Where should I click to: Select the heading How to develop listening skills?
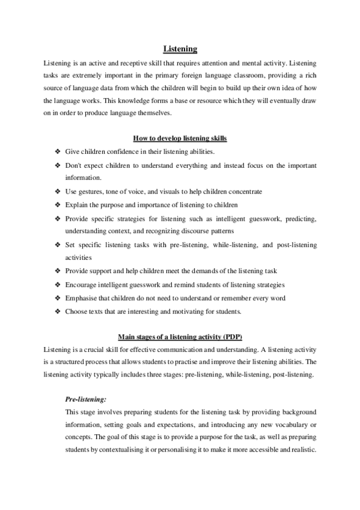click(180, 138)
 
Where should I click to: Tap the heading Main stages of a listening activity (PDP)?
click(180, 336)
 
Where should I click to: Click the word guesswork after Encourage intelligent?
click(155, 284)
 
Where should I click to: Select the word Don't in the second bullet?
click(73, 165)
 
